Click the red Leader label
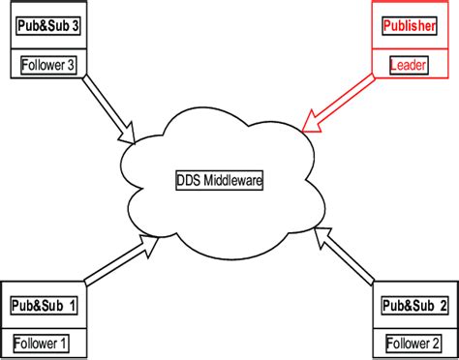point(409,65)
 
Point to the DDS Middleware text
point(220,180)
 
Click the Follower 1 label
point(39,343)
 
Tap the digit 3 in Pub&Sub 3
point(75,26)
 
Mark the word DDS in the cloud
point(188,180)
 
